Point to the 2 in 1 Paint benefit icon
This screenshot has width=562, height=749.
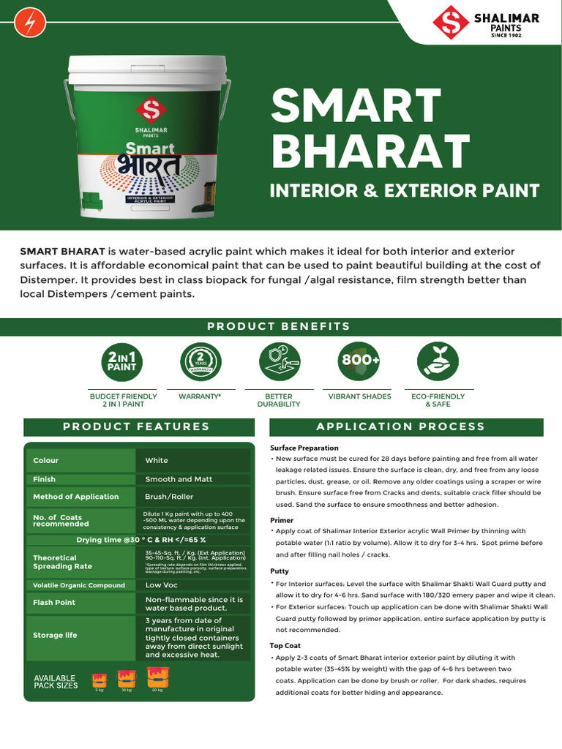(x=122, y=361)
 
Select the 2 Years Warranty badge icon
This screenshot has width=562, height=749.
(x=200, y=361)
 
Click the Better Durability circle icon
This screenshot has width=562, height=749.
(x=280, y=361)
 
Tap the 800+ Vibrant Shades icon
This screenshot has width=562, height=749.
(x=359, y=361)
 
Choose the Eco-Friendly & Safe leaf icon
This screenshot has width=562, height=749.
(x=438, y=361)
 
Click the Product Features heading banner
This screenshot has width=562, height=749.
(x=136, y=426)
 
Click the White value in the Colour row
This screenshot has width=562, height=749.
(x=157, y=461)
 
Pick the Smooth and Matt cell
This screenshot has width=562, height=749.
(x=179, y=479)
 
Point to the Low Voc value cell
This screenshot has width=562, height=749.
(x=161, y=585)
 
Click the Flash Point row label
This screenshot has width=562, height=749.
(x=54, y=603)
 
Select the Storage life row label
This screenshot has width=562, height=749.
(x=55, y=636)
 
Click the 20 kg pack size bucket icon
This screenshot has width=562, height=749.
(x=157, y=680)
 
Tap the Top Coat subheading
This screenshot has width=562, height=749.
(x=285, y=646)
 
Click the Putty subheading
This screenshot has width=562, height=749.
(x=280, y=571)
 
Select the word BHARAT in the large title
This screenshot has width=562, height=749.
(x=370, y=151)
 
